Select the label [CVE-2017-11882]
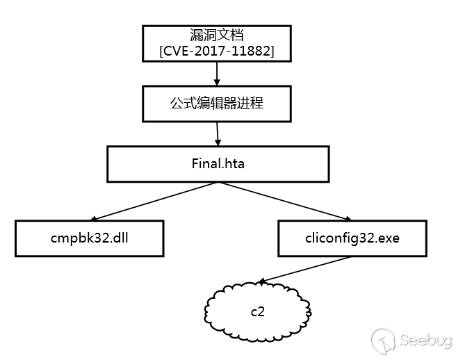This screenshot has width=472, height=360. click(217, 51)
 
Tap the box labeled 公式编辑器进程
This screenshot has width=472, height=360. click(217, 104)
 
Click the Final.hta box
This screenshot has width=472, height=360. click(218, 164)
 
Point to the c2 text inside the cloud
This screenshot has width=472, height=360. click(257, 311)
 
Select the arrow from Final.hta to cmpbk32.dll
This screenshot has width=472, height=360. click(153, 201)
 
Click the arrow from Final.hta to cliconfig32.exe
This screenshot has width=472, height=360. click(285, 202)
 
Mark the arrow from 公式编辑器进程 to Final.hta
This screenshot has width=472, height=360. click(218, 133)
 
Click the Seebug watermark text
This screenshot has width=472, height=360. click(425, 340)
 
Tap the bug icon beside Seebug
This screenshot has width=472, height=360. click(384, 340)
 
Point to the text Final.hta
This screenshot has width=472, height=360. click(218, 164)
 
